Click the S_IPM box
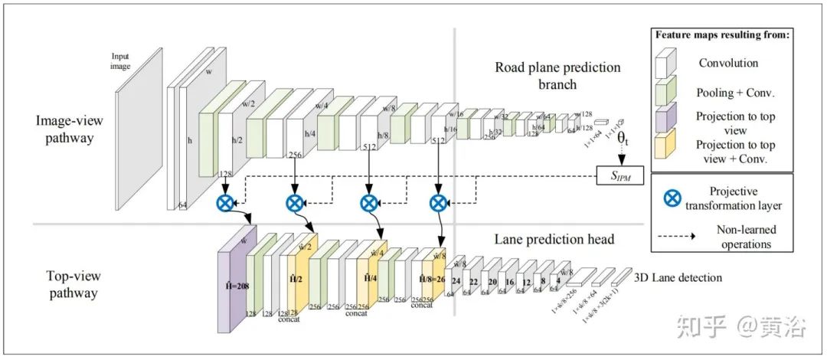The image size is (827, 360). pos(621,176)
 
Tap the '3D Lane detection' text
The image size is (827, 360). pos(678,277)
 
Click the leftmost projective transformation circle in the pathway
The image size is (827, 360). pos(226,203)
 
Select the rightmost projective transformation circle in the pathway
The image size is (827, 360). pos(437,203)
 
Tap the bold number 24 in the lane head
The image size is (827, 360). pos(456,281)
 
